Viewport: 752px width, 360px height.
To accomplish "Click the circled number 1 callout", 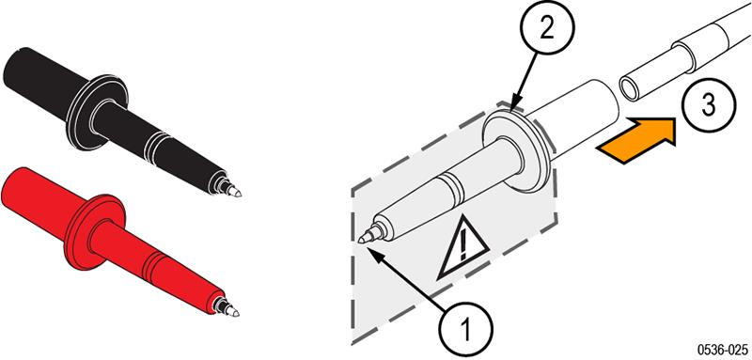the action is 464,330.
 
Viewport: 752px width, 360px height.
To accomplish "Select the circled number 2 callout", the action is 547,29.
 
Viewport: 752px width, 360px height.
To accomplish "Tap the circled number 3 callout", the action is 708,105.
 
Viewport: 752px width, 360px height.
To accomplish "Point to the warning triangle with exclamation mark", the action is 462,249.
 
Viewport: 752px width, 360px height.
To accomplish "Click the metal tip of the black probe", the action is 233,191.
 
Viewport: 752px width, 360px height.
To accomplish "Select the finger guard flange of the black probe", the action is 98,113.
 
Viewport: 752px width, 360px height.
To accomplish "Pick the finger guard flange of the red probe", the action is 94,232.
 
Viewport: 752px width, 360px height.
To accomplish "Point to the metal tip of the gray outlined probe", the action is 366,236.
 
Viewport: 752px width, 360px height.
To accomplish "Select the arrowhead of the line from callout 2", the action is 513,106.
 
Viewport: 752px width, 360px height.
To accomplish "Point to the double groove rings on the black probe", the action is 154,146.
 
